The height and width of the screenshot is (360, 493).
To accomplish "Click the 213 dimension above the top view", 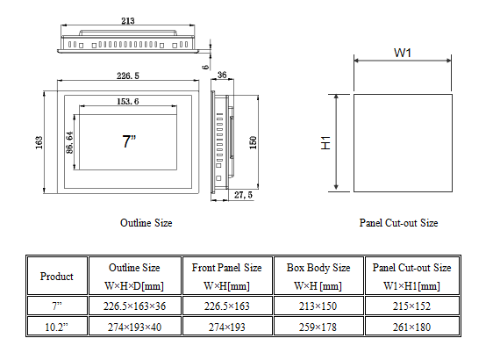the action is coord(128,21).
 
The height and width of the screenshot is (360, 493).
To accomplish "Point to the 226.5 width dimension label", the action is coord(128,76).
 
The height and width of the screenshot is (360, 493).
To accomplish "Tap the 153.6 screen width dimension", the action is coord(128,101).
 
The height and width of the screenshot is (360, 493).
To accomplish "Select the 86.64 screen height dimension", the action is coord(70,142).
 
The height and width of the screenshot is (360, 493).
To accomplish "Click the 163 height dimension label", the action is coord(39,142).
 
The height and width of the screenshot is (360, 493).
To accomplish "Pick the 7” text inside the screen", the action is coord(129,141).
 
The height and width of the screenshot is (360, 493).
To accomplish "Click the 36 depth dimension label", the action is coord(222,75).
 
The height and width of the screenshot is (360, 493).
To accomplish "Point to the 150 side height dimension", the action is coord(254,142).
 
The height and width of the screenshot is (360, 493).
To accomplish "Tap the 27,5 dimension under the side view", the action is coord(243,195).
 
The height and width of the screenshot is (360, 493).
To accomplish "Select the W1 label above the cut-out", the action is coord(403,53).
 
